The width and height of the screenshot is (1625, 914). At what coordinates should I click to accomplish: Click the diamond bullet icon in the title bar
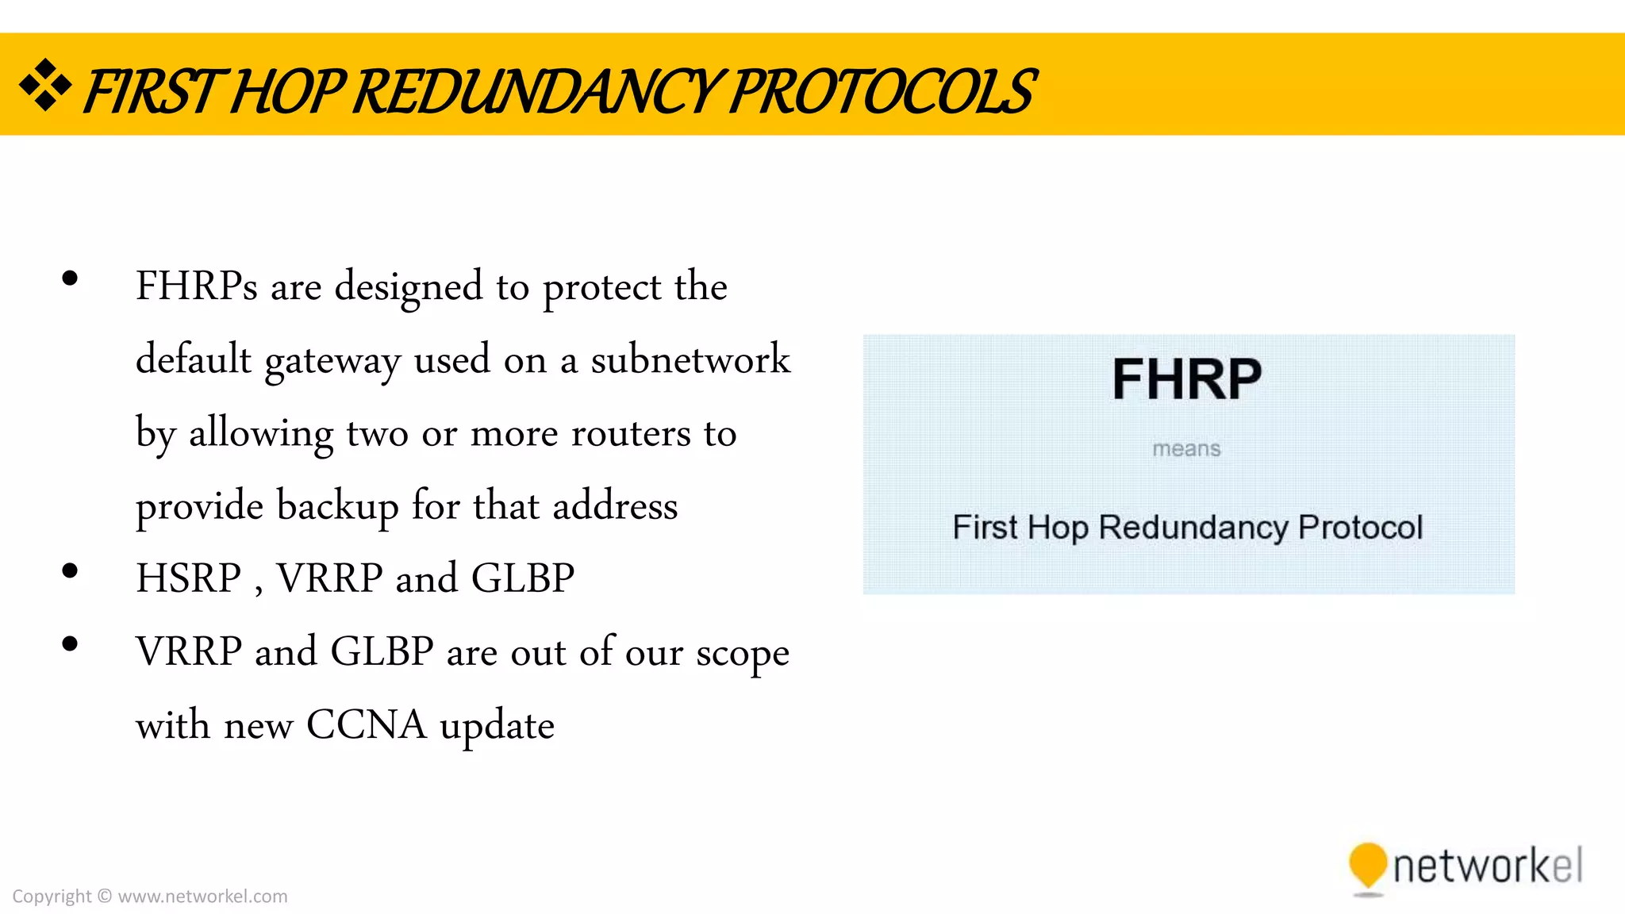pyautogui.click(x=45, y=85)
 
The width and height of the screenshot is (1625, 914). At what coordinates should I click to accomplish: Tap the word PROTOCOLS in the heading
pyautogui.click(x=881, y=92)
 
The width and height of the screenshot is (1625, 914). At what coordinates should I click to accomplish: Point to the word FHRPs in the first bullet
pyautogui.click(x=196, y=286)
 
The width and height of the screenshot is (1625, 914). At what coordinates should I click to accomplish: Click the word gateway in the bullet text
pyautogui.click(x=332, y=361)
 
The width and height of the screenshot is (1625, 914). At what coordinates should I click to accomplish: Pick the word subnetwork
pyautogui.click(x=690, y=359)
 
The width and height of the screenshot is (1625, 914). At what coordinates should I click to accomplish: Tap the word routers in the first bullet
pyautogui.click(x=631, y=433)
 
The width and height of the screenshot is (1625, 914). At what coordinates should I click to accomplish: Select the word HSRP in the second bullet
pyautogui.click(x=188, y=578)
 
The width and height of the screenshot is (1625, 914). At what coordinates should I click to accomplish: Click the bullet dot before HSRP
pyautogui.click(x=70, y=570)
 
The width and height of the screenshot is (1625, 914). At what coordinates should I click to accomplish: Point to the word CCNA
pyautogui.click(x=366, y=725)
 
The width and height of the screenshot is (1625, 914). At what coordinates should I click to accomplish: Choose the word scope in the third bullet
pyautogui.click(x=743, y=653)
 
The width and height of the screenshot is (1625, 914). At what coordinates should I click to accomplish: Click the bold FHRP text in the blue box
pyautogui.click(x=1186, y=379)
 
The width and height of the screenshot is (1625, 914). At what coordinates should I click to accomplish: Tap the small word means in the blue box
pyautogui.click(x=1186, y=449)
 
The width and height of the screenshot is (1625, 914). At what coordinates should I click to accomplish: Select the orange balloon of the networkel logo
pyautogui.click(x=1367, y=866)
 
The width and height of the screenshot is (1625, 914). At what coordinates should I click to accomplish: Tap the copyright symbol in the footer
pyautogui.click(x=105, y=897)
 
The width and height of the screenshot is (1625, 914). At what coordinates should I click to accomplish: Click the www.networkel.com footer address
pyautogui.click(x=202, y=897)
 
